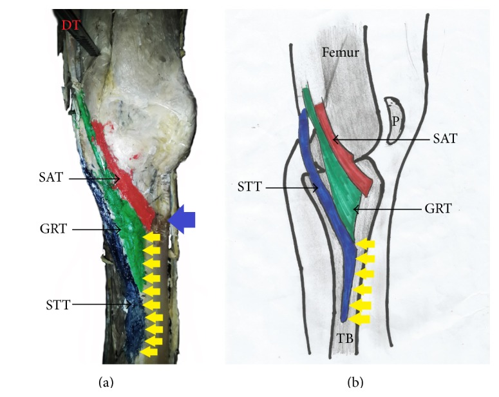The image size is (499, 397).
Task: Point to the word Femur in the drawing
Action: tap(339, 53)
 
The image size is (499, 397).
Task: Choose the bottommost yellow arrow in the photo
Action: tap(149, 352)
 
